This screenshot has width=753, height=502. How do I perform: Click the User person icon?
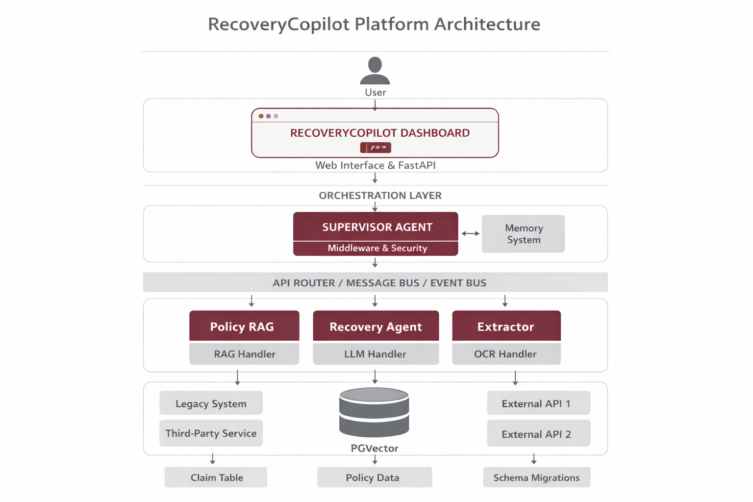point(375,71)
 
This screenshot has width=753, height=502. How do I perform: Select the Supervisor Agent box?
point(376,226)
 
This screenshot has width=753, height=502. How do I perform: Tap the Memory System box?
point(523,234)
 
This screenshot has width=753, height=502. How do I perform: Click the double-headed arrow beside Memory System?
point(470,234)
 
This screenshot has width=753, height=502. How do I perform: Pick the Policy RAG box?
point(244,326)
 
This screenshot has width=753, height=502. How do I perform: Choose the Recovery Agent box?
point(376,326)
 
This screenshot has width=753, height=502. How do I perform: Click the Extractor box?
point(506,326)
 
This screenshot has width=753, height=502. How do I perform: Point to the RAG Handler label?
point(244,354)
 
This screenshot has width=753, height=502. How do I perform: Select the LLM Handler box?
point(376,354)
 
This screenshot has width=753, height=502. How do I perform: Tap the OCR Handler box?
point(506,354)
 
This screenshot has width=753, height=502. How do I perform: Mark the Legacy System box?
point(211,403)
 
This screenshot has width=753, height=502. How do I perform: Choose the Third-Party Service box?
point(211,433)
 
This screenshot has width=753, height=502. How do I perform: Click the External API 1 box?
point(538,403)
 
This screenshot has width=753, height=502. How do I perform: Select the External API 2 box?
point(538,433)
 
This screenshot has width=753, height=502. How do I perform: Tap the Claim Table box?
point(216,477)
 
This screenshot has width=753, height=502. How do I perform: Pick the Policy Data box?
point(375,477)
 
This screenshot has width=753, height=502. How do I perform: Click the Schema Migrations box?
point(536,477)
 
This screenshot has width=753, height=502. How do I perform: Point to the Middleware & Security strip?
point(376,249)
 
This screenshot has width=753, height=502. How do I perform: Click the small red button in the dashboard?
point(376,147)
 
